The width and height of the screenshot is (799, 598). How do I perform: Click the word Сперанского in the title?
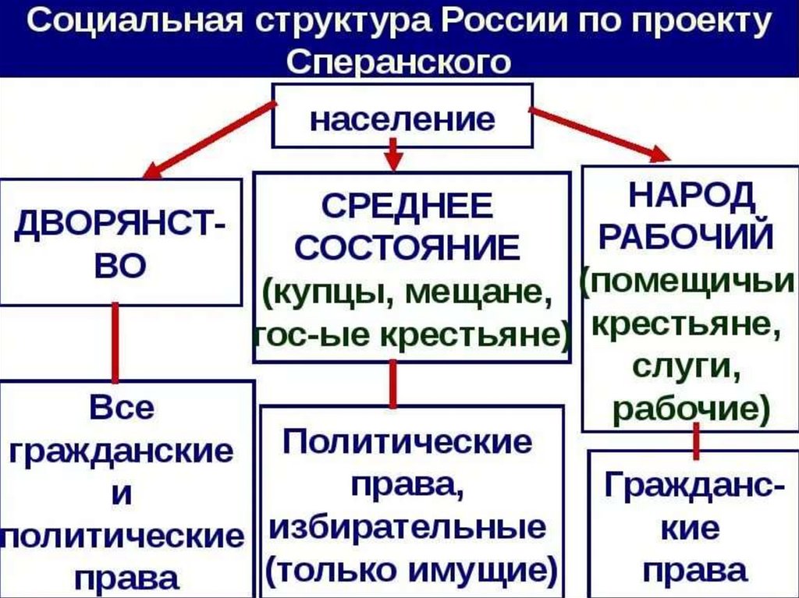point(399,61)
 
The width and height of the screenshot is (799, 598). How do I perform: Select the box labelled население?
point(403,120)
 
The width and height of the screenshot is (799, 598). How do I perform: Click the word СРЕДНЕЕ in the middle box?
point(407,207)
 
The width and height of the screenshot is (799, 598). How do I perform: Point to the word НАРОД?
point(692,193)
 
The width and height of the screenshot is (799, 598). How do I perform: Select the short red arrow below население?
point(394,154)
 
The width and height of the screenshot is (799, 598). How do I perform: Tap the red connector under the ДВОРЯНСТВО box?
point(115,343)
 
